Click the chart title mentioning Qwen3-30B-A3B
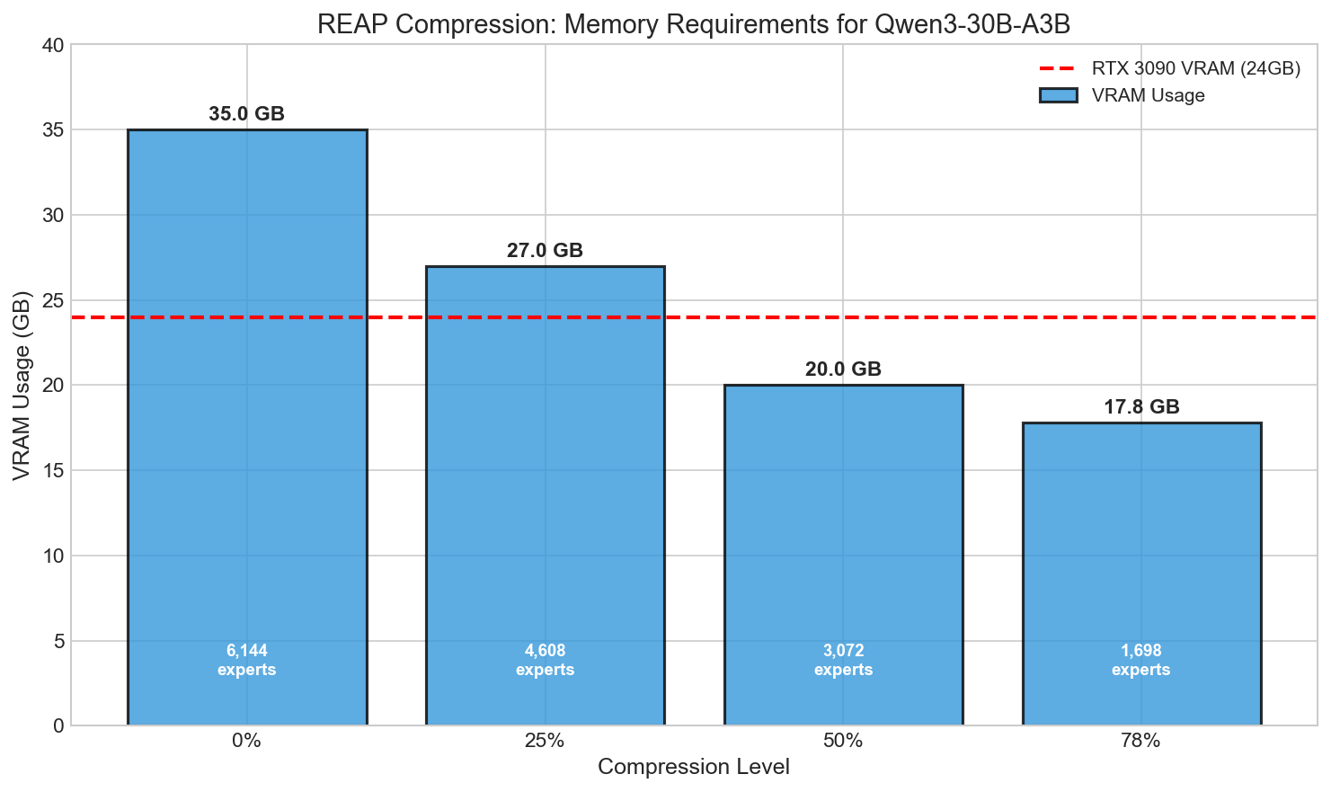pyautogui.click(x=694, y=24)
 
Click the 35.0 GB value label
pyautogui.click(x=247, y=114)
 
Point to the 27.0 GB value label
pyautogui.click(x=545, y=251)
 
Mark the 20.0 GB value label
pyautogui.click(x=843, y=369)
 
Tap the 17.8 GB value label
pyautogui.click(x=1141, y=407)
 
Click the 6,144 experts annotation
pyautogui.click(x=247, y=661)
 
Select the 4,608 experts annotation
pyautogui.click(x=545, y=661)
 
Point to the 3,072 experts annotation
pyautogui.click(x=843, y=661)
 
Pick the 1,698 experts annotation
pyautogui.click(x=1141, y=661)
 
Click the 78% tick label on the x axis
pyautogui.click(x=1141, y=742)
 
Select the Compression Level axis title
pyautogui.click(x=694, y=768)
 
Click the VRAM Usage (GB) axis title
pyautogui.click(x=22, y=385)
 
